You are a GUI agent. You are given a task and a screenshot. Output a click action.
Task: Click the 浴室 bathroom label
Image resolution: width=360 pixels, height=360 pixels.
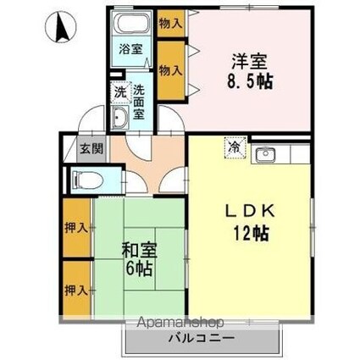coord(130,50)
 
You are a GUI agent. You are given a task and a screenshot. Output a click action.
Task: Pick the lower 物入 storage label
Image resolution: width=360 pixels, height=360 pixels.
coord(170,69)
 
